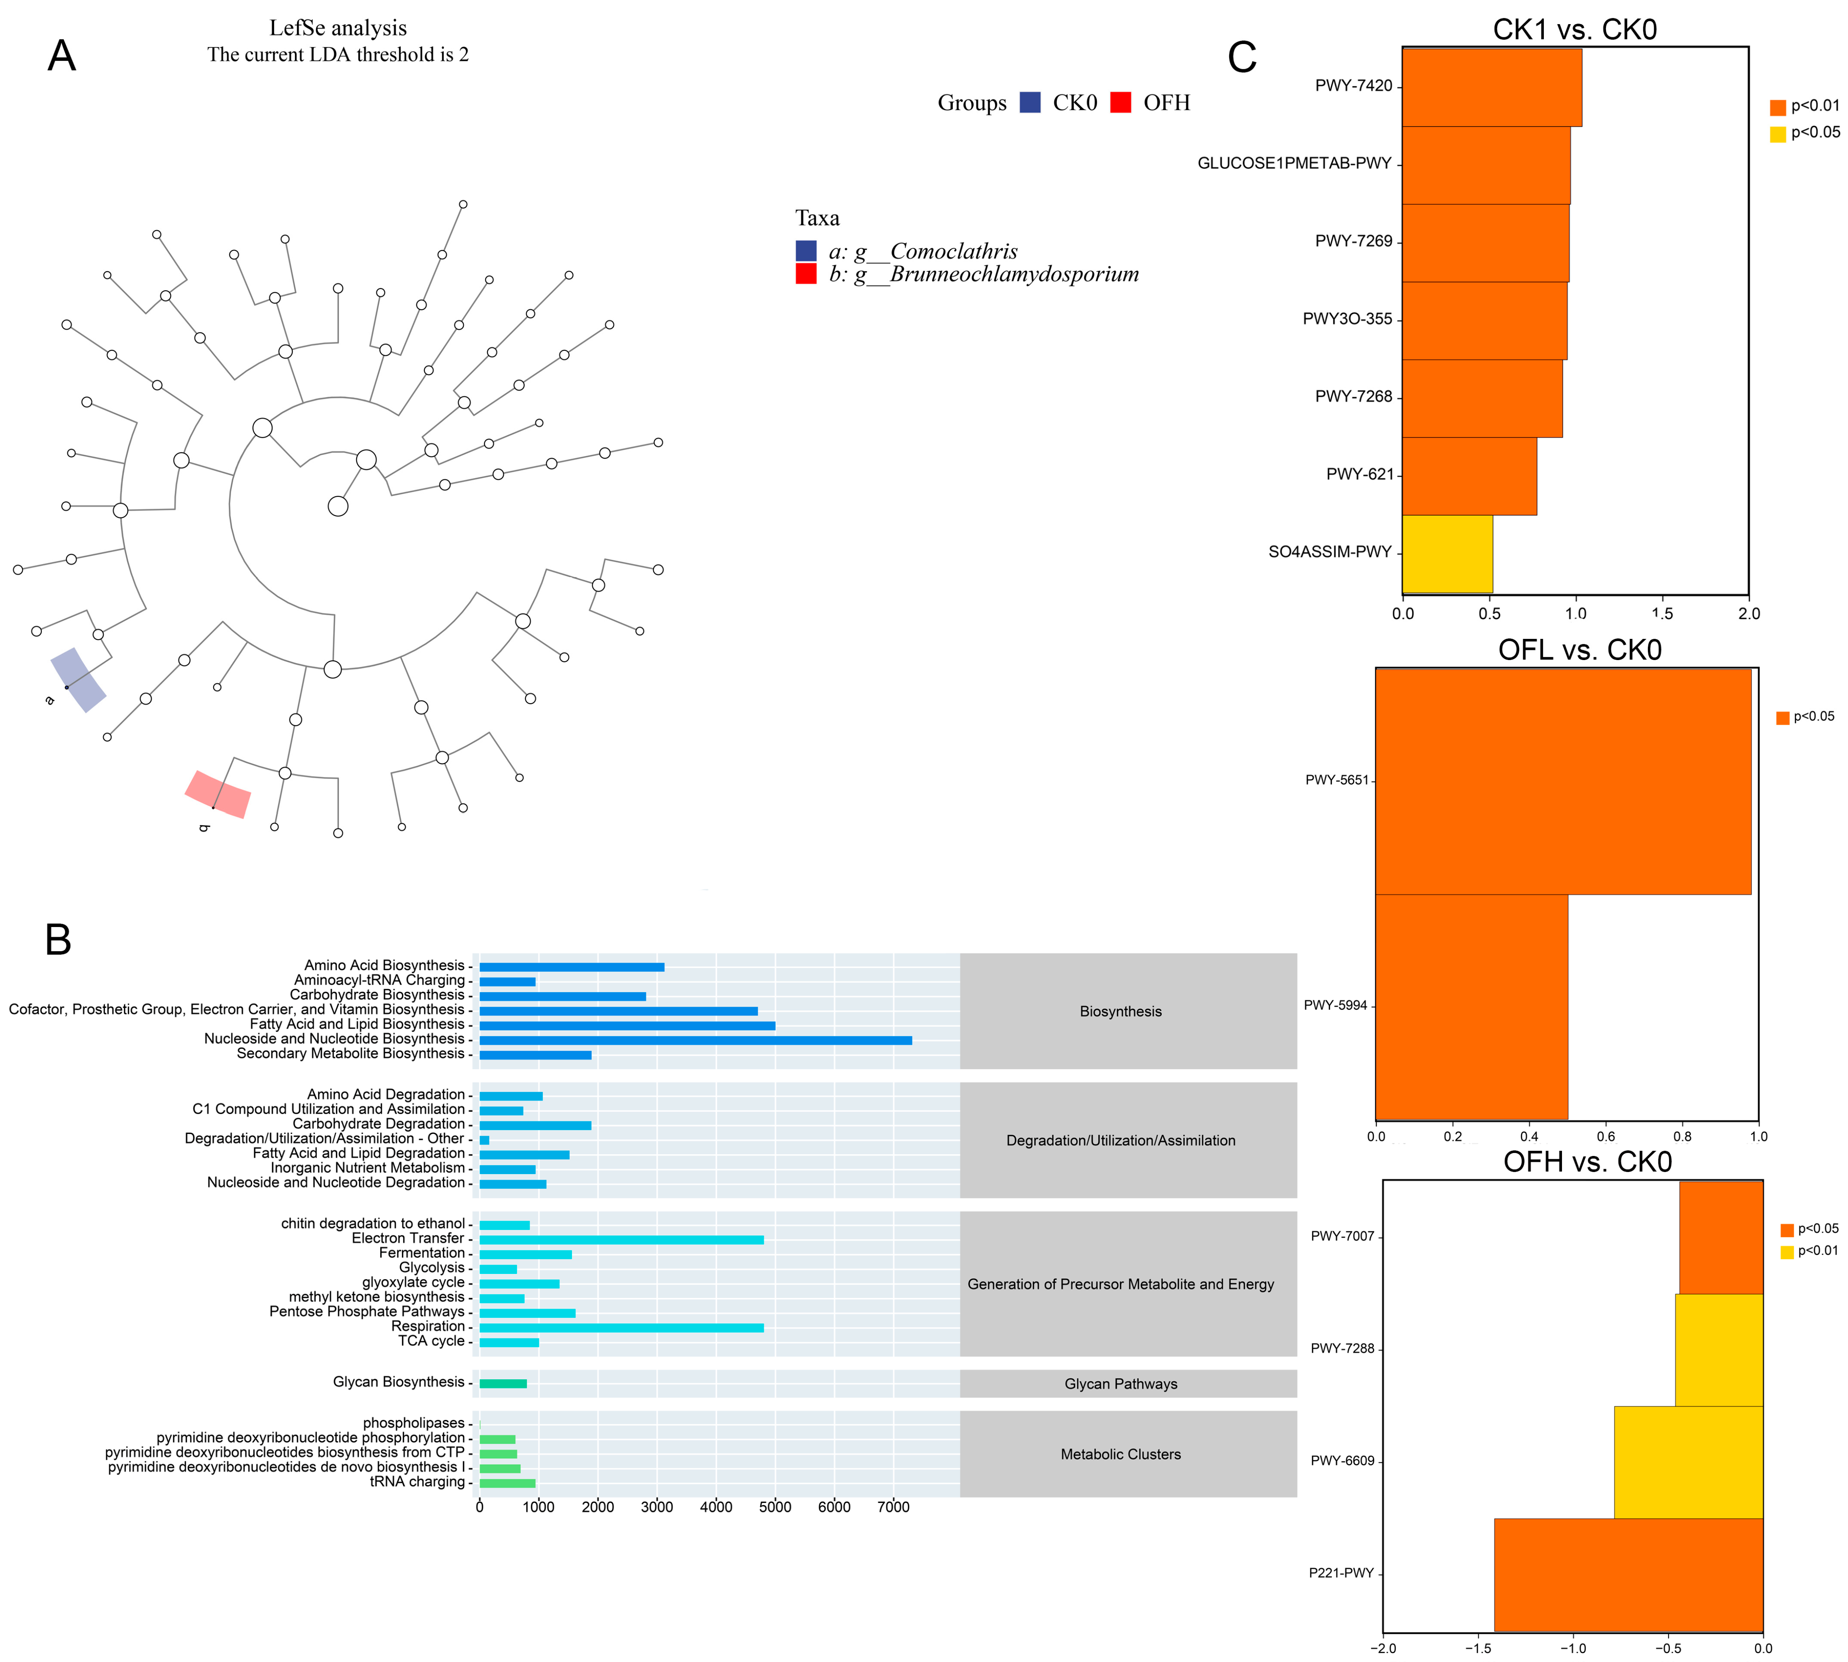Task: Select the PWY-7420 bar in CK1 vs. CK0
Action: point(1491,87)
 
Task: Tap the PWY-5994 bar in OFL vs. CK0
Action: point(1471,1006)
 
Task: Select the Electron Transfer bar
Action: point(621,1239)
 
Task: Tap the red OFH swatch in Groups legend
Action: point(1120,102)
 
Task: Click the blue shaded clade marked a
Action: point(77,680)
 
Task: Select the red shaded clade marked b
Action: point(217,795)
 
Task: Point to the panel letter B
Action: point(58,940)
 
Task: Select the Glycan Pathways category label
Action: point(1120,1384)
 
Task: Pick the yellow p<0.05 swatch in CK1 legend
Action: point(1777,134)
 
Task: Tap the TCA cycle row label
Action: point(431,1340)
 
